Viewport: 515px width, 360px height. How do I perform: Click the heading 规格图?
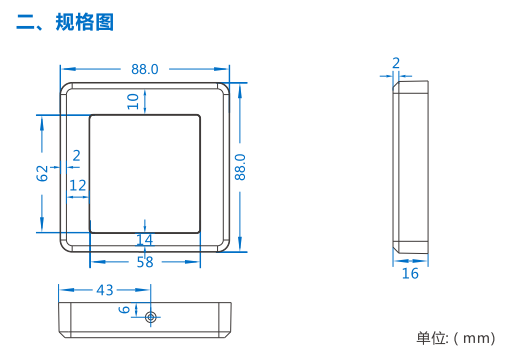click(85, 22)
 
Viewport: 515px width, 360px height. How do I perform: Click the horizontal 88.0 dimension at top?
click(145, 69)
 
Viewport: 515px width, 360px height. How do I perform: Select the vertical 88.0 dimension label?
click(240, 167)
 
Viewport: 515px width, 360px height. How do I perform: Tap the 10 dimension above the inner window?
click(133, 101)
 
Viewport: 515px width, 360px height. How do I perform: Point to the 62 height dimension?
click(42, 173)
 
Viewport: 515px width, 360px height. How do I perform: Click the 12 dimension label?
click(78, 185)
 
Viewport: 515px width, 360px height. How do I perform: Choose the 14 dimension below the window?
click(145, 240)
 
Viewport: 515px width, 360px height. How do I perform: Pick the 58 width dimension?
click(145, 262)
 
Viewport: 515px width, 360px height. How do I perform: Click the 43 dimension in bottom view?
click(105, 290)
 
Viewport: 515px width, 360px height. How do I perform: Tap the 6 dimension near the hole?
click(124, 310)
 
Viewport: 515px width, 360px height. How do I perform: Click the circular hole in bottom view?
click(151, 317)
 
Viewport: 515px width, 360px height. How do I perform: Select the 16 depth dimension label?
click(410, 273)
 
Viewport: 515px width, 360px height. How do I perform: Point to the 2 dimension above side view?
click(396, 63)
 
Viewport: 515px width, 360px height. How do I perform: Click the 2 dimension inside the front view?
click(77, 156)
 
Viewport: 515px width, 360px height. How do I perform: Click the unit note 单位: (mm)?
click(456, 338)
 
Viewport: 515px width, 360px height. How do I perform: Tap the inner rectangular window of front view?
click(145, 174)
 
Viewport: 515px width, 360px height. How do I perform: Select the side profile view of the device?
click(410, 167)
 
